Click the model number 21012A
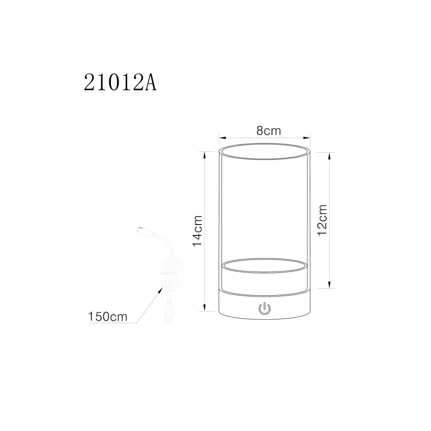120,82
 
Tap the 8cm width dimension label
269,131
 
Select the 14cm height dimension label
198,231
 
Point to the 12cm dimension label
322,219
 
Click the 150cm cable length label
108,317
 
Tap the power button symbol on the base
265,309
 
